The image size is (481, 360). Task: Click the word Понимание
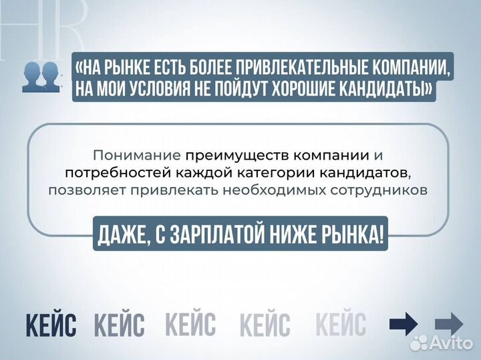[x=137, y=156]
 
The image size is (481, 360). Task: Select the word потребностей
[x=110, y=173]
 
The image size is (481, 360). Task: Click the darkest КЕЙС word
[x=51, y=325]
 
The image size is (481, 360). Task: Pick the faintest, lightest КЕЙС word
[x=341, y=325]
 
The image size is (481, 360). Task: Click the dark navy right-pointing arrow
[x=404, y=325]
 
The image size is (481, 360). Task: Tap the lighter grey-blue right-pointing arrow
[x=449, y=325]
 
